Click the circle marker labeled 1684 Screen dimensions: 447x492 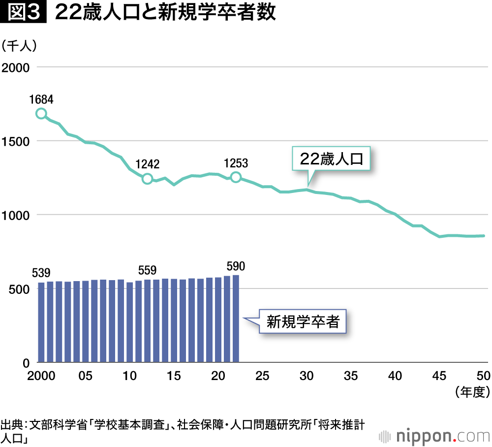pyautogui.click(x=41, y=114)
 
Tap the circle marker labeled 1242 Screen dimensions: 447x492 pyautogui.click(x=147, y=179)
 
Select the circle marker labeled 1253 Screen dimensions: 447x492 pyautogui.click(x=236, y=177)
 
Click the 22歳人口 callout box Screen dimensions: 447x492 pyautogui.click(x=331, y=159)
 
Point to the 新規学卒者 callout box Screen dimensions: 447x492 pyautogui.click(x=303, y=322)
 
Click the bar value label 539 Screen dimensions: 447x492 pyautogui.click(x=41, y=272)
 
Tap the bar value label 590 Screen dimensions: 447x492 pyautogui.click(x=236, y=266)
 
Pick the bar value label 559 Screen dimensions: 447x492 pyautogui.click(x=147, y=270)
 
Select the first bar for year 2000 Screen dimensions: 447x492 pyautogui.click(x=41, y=322)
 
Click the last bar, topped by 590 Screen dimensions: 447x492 pyautogui.click(x=236, y=319)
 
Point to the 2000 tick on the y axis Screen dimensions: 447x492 pyautogui.click(x=16, y=67)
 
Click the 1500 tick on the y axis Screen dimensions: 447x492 pyautogui.click(x=16, y=141)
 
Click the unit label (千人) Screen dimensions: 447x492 pyautogui.click(x=20, y=46)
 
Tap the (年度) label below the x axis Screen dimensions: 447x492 pyautogui.click(x=471, y=392)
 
